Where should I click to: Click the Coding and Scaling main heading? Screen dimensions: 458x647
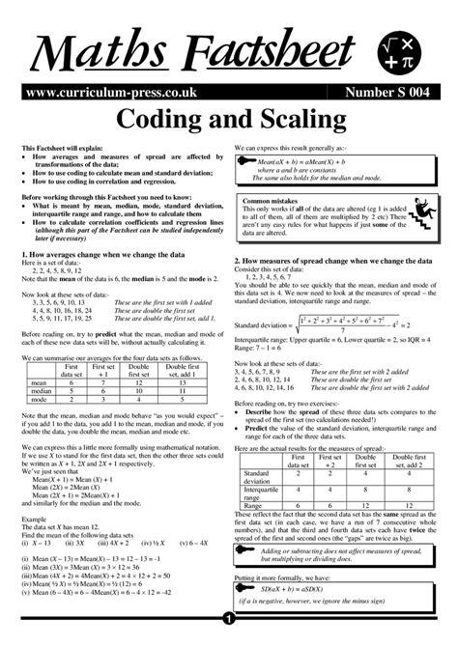(229, 123)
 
